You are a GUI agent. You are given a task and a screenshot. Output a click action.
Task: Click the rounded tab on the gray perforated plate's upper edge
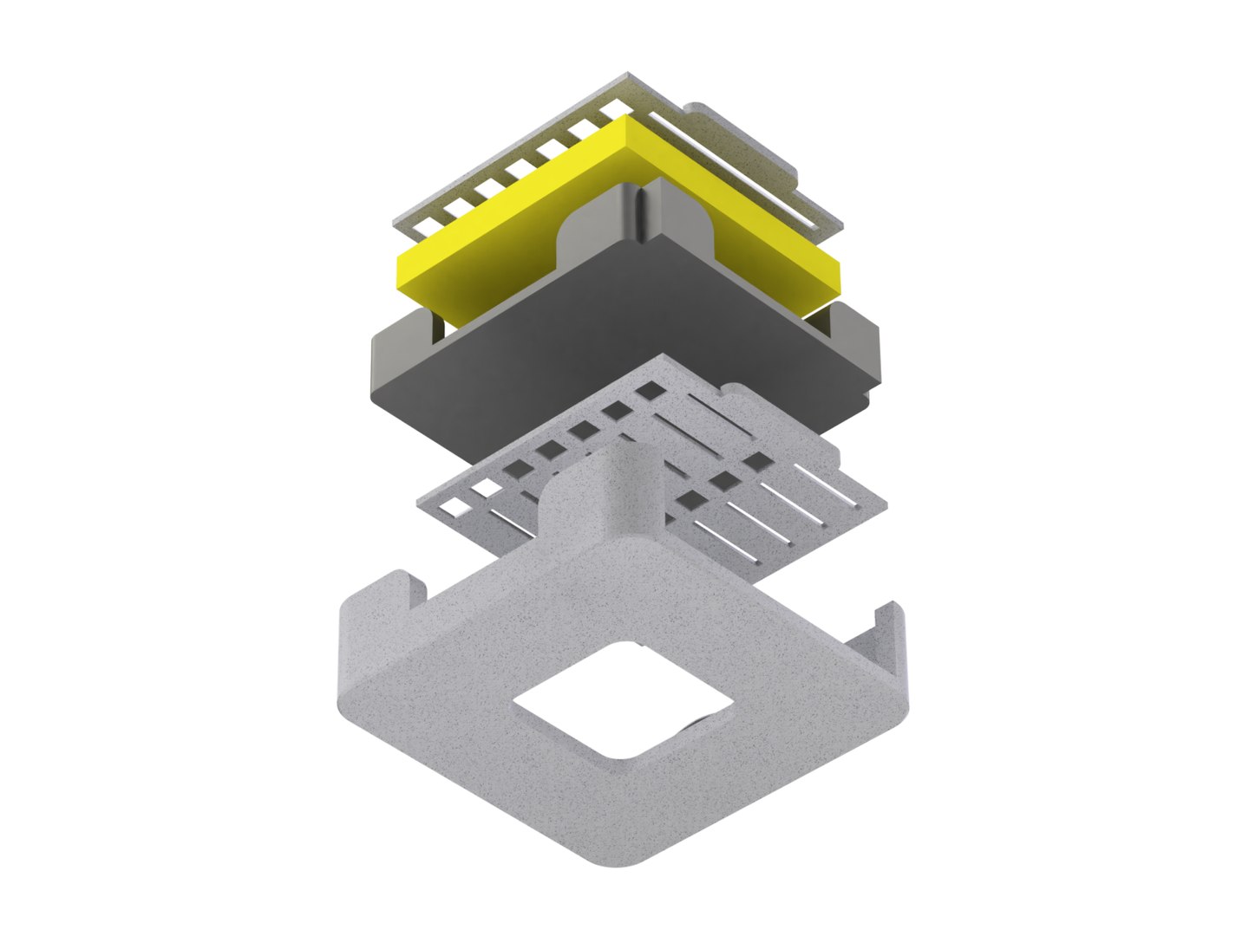click(x=737, y=394)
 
